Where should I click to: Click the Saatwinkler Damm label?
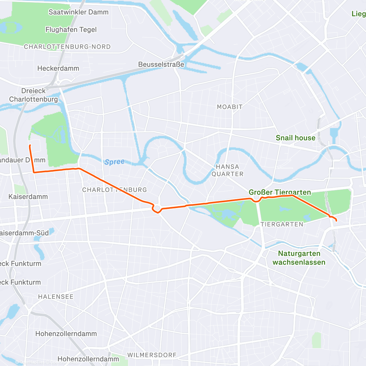pos(78,12)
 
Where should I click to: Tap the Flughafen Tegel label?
pos(71,30)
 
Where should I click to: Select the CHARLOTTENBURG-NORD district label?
pos(67,47)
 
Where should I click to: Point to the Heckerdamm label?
pos(58,68)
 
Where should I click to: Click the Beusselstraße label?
pos(161,64)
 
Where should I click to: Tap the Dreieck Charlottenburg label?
pos(33,95)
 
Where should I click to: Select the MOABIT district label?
pos(230,107)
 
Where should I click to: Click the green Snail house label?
pos(295,138)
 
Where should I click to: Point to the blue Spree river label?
pos(114,162)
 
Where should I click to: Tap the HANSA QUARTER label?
pos(228,170)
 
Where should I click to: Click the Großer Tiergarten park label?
pos(280,192)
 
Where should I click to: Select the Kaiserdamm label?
pos(28,197)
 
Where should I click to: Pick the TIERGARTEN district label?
pos(282,224)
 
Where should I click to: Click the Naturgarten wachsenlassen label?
pos(299,258)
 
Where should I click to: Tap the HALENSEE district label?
pos(56,296)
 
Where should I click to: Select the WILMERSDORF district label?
pos(152,355)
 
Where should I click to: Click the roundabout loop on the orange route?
pos(157,208)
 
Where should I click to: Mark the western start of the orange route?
pos(30,146)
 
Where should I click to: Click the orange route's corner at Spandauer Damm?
pos(34,172)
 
